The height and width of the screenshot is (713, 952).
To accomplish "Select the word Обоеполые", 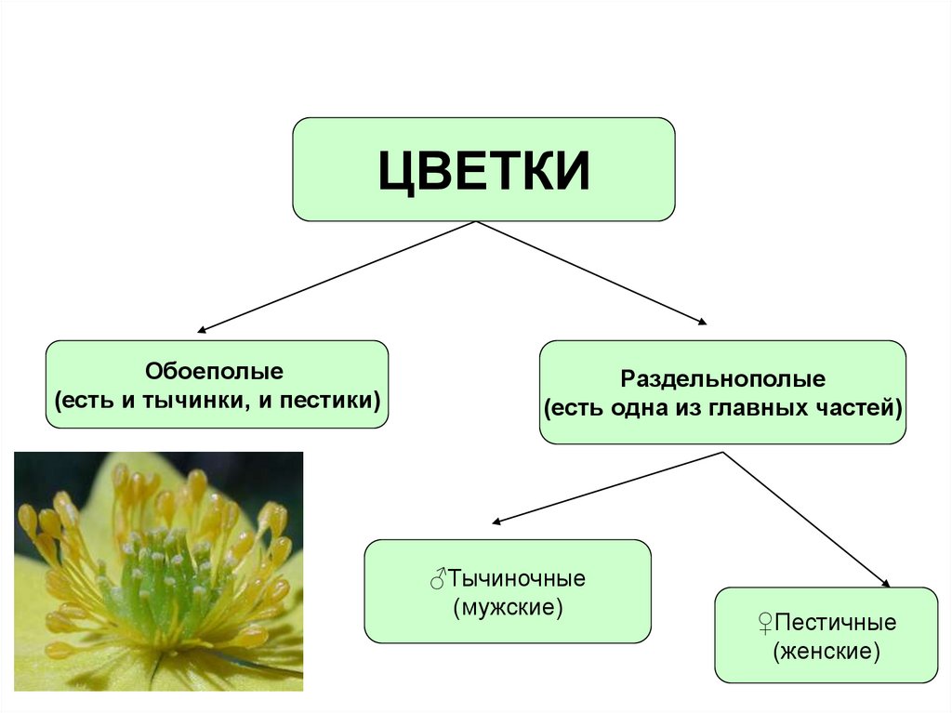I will coord(214,371).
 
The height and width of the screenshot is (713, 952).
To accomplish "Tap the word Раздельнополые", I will coord(722,379).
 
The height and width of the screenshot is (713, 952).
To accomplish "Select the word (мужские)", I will coord(508,609).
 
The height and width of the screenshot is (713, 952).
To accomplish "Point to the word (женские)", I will coord(826,652).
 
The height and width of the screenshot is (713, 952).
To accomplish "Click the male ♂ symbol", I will coord(439,578).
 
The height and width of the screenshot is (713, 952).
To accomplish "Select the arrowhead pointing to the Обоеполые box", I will coord(202,329).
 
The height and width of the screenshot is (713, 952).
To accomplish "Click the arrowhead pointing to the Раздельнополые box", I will coord(701,322).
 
